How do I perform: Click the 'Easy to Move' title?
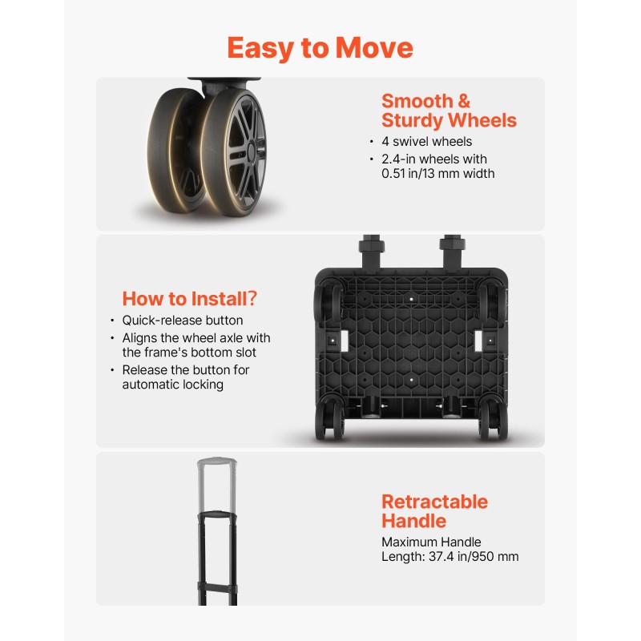(320, 49)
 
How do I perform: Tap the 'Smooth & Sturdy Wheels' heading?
(449, 111)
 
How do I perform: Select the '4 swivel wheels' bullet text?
(426, 142)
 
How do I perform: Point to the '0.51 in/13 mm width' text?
(437, 173)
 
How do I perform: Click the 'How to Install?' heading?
(190, 298)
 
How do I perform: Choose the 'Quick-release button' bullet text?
(183, 320)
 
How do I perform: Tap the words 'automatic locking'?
(172, 385)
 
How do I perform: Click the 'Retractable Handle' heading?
(434, 511)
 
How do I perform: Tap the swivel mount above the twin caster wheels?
(224, 85)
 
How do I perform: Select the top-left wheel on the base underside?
(328, 303)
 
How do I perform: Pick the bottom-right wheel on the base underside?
(494, 419)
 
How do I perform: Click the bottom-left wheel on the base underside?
(329, 419)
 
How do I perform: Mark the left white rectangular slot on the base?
(344, 340)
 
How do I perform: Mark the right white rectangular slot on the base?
(478, 340)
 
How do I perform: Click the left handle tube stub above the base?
(372, 252)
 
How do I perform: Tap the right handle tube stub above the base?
(452, 252)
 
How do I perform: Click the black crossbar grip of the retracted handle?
(217, 514)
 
